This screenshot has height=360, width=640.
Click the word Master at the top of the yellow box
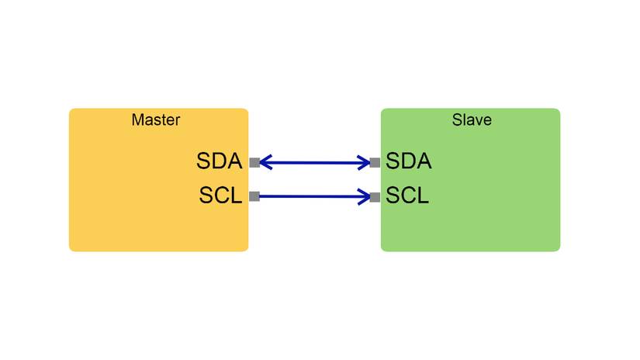(155, 120)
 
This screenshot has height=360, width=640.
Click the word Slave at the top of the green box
(472, 120)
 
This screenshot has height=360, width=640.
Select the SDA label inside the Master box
(220, 162)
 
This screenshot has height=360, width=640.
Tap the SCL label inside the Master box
(220, 196)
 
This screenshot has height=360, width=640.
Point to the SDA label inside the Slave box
(408, 162)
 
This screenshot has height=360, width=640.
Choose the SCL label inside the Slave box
(407, 196)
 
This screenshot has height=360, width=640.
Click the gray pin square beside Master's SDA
(254, 163)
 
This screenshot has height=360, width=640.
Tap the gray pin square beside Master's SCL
(254, 196)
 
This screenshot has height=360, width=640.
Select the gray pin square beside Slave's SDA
(375, 163)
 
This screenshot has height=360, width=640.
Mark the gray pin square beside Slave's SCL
(375, 197)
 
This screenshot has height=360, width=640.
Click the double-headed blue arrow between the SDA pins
(314, 163)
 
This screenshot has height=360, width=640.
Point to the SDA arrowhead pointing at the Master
(265, 163)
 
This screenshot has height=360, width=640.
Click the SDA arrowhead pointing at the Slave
(364, 163)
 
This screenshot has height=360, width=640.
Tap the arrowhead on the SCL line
(364, 197)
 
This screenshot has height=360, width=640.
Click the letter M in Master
(137, 120)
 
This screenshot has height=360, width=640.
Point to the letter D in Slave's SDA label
(408, 162)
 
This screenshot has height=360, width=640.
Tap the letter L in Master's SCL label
(236, 196)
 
